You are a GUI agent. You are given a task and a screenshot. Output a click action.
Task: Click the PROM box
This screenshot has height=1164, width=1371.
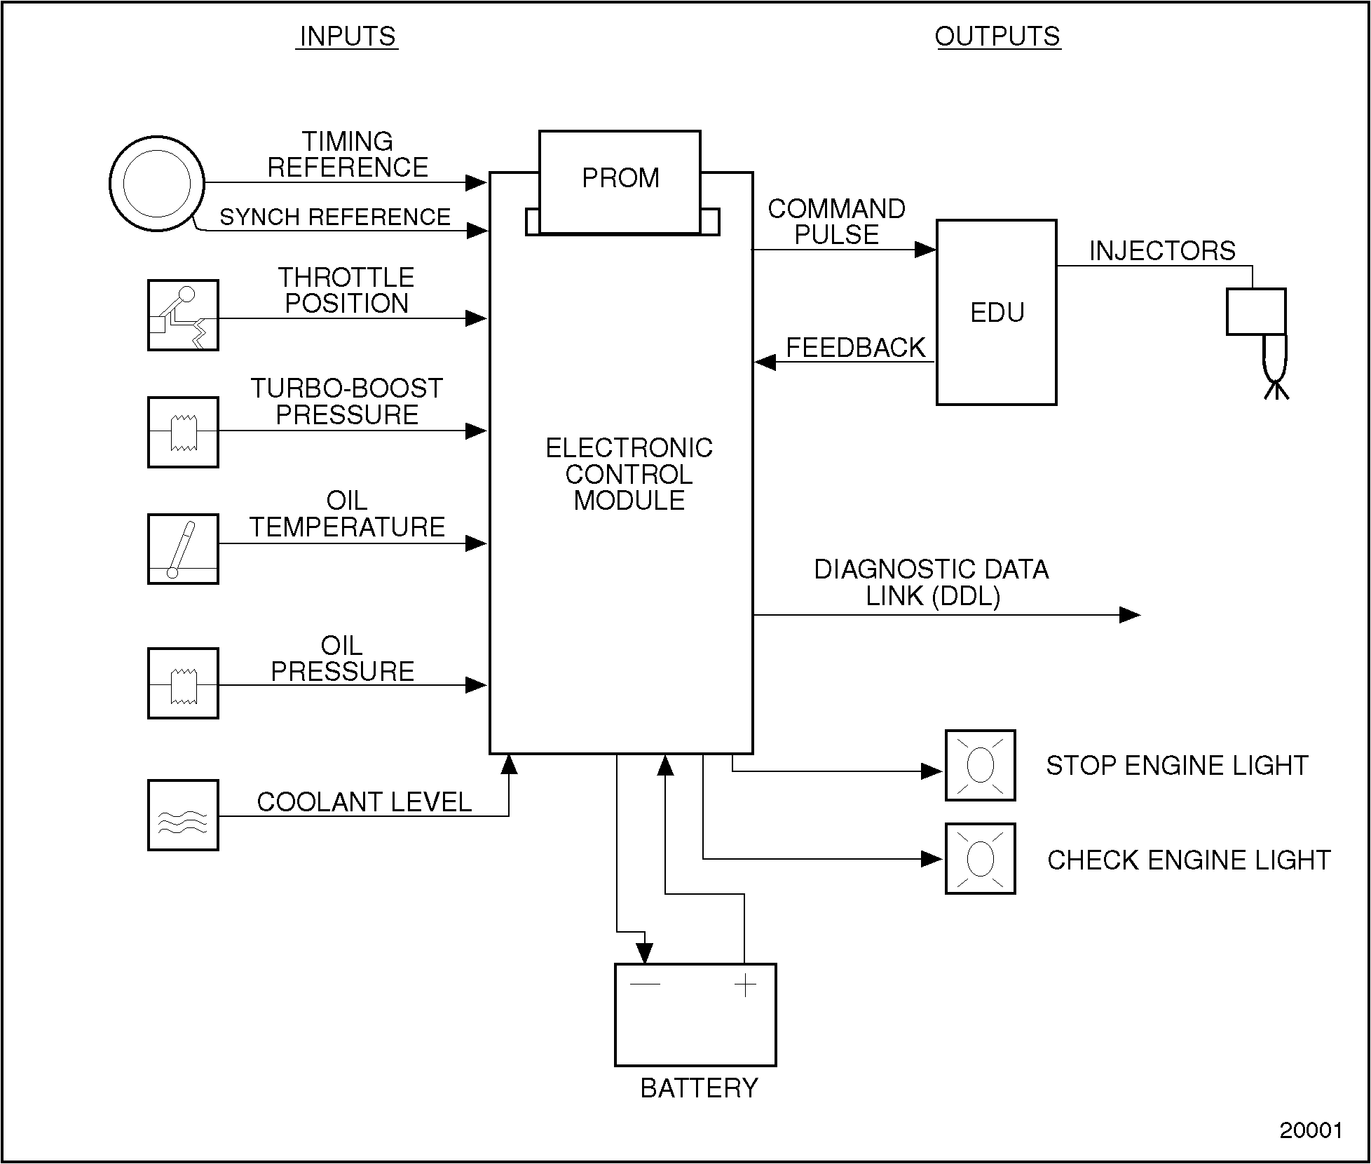620,180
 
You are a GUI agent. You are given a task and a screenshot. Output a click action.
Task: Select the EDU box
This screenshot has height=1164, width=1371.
996,312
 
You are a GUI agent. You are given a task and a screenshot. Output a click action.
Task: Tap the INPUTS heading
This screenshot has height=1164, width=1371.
347,36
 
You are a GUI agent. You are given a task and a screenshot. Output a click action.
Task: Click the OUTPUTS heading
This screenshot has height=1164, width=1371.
997,36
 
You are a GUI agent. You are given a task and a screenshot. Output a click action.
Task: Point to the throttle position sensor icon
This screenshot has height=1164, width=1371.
183,316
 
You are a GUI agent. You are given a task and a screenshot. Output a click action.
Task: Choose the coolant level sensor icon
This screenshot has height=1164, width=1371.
183,815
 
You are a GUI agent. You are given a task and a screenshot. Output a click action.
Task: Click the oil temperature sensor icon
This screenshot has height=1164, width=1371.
183,549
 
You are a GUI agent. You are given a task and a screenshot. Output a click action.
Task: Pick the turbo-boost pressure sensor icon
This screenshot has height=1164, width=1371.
183,432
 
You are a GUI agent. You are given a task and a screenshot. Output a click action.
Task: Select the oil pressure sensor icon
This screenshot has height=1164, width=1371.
183,683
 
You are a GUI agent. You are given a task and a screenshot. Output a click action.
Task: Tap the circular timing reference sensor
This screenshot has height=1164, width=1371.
157,184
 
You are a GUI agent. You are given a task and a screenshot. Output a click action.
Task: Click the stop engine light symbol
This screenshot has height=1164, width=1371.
980,765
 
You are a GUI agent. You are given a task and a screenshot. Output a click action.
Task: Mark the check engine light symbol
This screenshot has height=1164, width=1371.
980,858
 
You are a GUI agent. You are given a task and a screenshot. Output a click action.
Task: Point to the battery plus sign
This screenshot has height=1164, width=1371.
745,986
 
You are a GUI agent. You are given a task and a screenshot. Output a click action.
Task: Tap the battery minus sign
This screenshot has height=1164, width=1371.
645,984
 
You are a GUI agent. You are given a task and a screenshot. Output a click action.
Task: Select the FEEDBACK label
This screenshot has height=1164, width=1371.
856,348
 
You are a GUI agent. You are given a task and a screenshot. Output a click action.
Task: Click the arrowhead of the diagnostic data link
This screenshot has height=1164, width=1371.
1129,615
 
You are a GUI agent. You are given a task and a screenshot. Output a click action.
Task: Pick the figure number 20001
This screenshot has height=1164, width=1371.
1311,1130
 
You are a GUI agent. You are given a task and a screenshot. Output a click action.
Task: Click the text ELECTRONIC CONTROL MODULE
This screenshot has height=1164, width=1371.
629,474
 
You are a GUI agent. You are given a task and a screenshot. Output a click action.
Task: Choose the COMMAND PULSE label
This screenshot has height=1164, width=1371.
836,222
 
